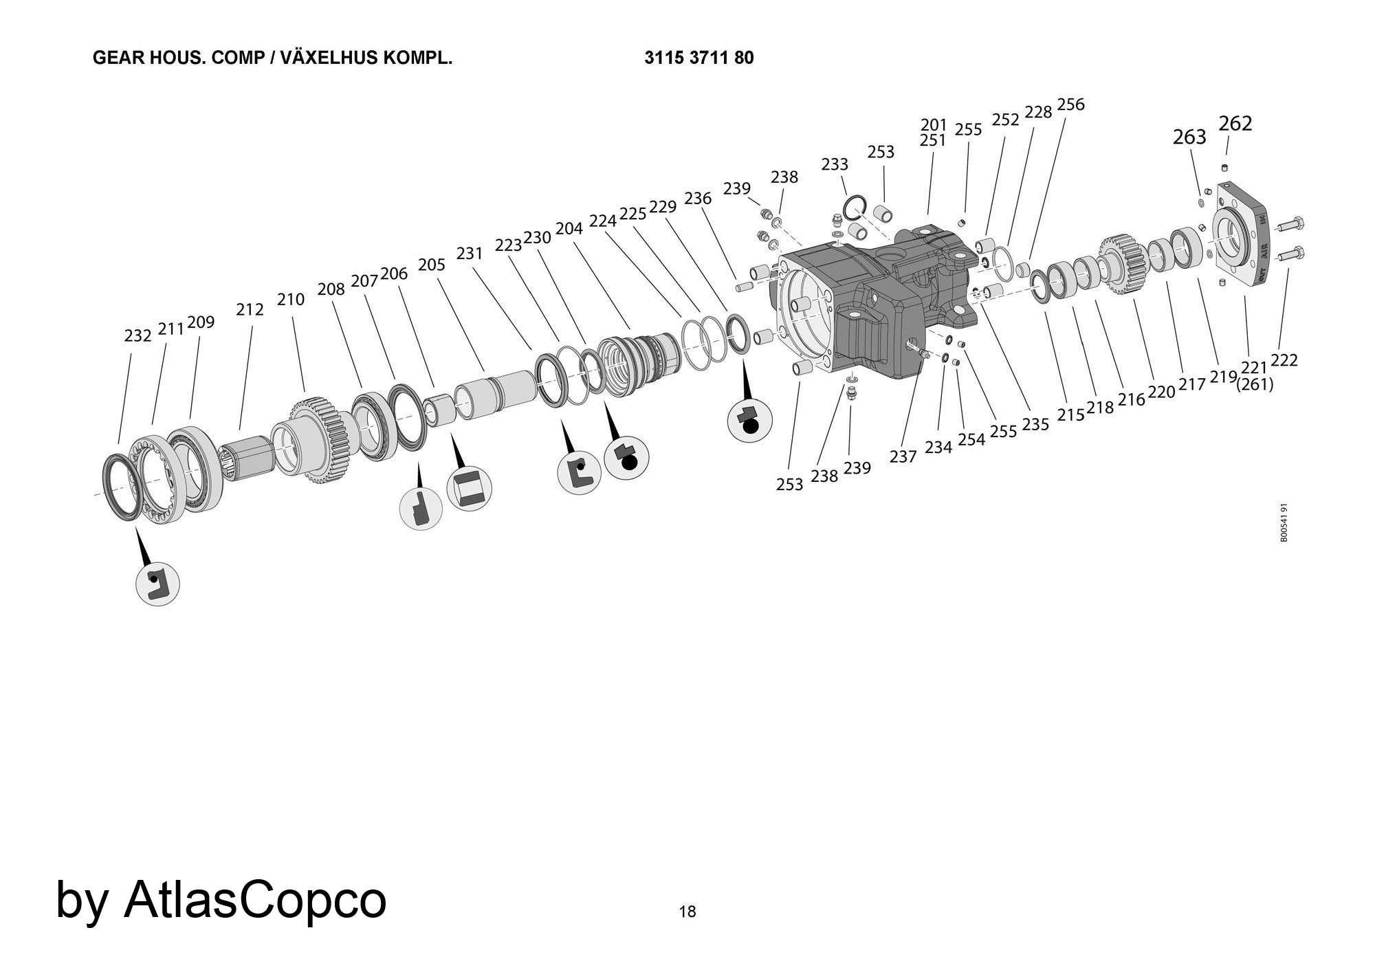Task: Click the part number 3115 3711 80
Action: [x=698, y=58]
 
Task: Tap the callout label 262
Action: [x=1235, y=124]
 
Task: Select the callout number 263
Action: [x=1189, y=137]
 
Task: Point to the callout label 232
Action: [x=137, y=335]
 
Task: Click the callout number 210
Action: [x=290, y=300]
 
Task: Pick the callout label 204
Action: [x=569, y=228]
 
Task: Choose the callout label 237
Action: [x=903, y=456]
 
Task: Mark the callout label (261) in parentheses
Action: [x=1255, y=385]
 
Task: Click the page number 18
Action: [x=687, y=912]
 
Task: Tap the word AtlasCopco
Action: [x=254, y=899]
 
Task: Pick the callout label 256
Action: [x=1070, y=104]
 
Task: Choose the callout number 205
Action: [x=432, y=265]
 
